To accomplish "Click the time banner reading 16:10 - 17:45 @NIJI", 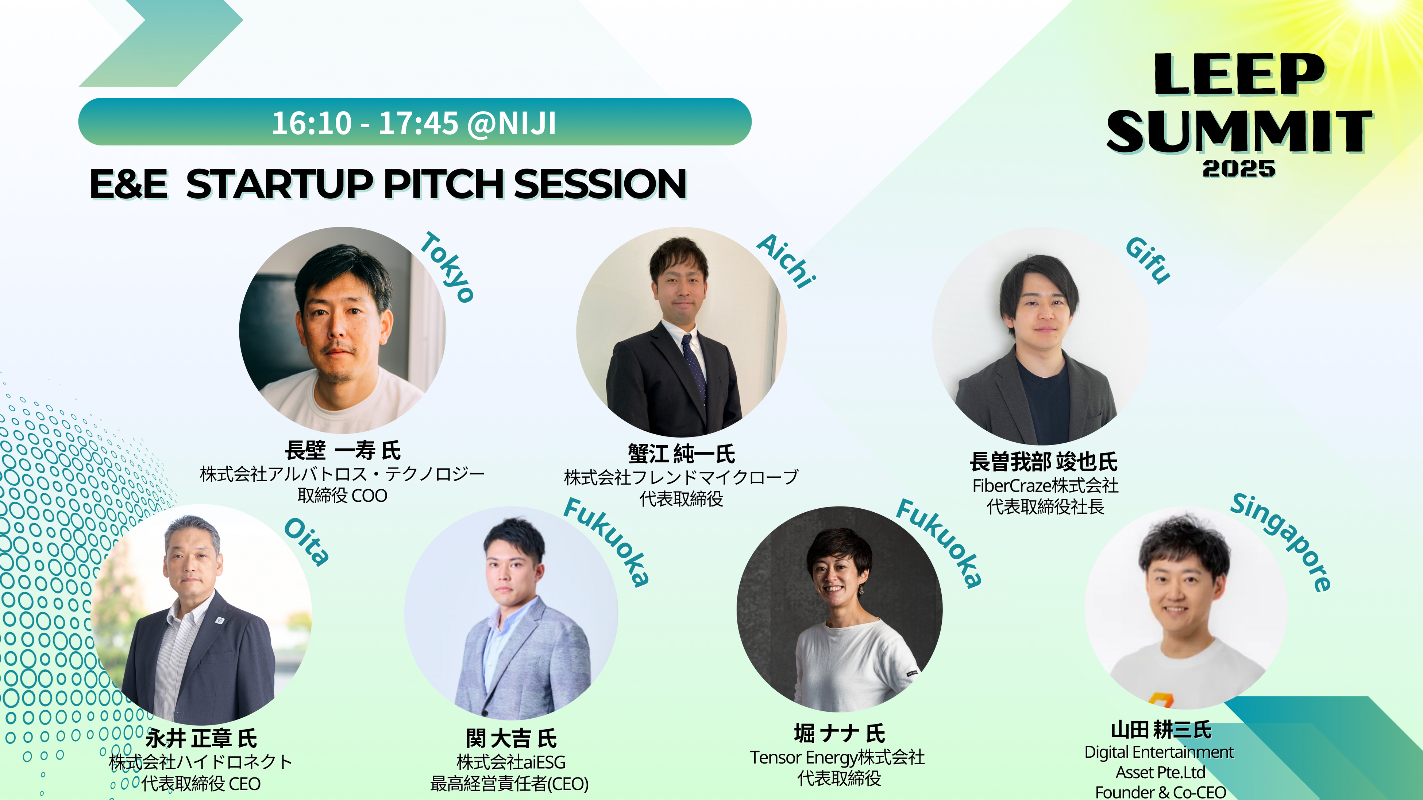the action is click(x=414, y=122).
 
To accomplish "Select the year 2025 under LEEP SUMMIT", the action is click(x=1239, y=168).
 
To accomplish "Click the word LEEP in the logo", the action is click(x=1239, y=74).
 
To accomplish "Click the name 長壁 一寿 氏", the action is click(x=343, y=451).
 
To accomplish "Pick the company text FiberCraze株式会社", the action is click(x=1045, y=485).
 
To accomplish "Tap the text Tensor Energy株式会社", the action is click(x=837, y=757).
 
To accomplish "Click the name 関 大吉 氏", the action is click(x=511, y=738).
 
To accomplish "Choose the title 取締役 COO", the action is click(x=343, y=495).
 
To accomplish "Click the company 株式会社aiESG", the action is click(x=511, y=762).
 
